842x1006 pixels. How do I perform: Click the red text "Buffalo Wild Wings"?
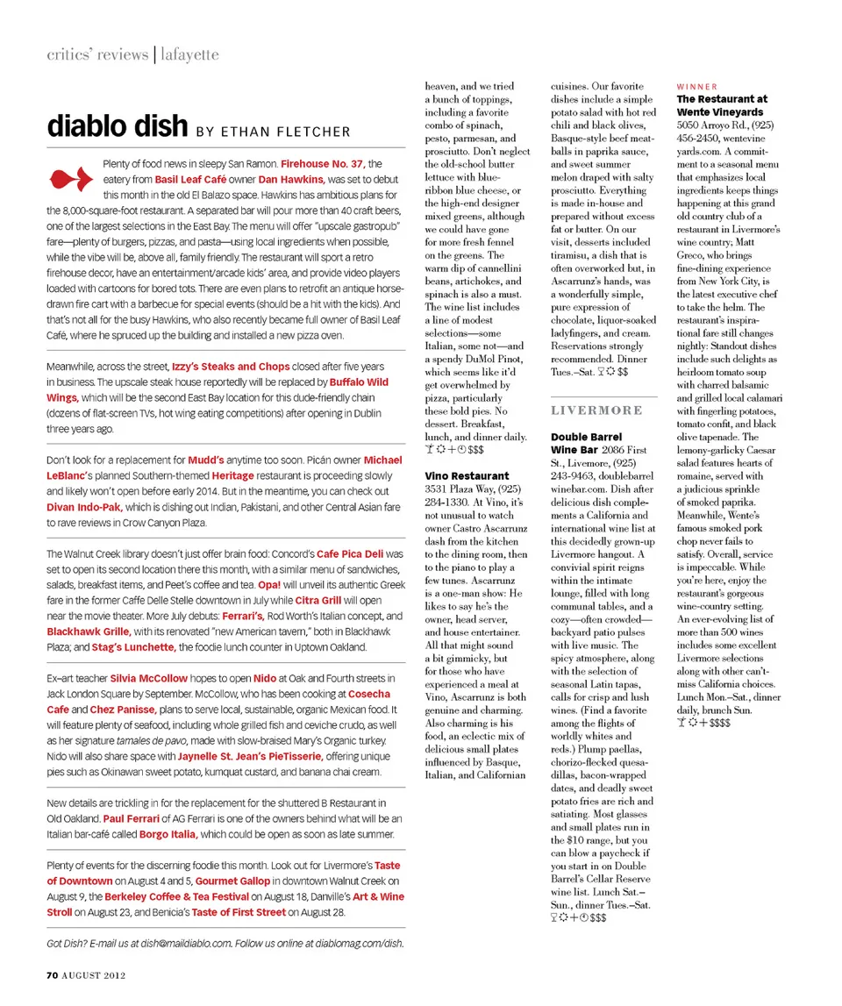coord(359,382)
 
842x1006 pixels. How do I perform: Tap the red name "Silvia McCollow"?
coord(148,678)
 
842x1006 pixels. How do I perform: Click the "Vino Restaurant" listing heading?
coord(467,475)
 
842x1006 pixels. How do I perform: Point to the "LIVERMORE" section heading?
coord(596,410)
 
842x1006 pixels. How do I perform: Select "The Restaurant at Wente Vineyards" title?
coord(721,106)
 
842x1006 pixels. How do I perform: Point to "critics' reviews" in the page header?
coord(96,54)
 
